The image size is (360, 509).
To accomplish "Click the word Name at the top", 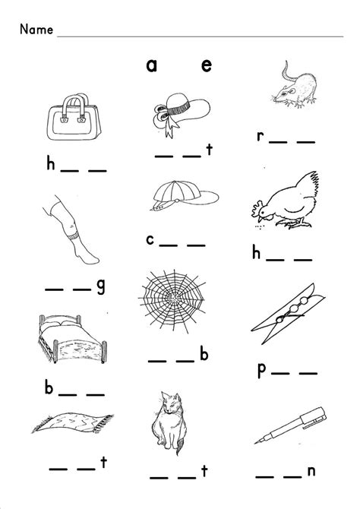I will pyautogui.click(x=36, y=30).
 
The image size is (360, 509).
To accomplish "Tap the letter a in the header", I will pyautogui.click(x=152, y=66).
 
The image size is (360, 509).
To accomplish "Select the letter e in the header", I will pyautogui.click(x=206, y=66).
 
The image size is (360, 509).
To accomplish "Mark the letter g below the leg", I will pyautogui.click(x=100, y=286).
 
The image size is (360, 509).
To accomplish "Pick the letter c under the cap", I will pyautogui.click(x=151, y=240).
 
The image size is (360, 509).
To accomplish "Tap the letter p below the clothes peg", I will pyautogui.click(x=261, y=371).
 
